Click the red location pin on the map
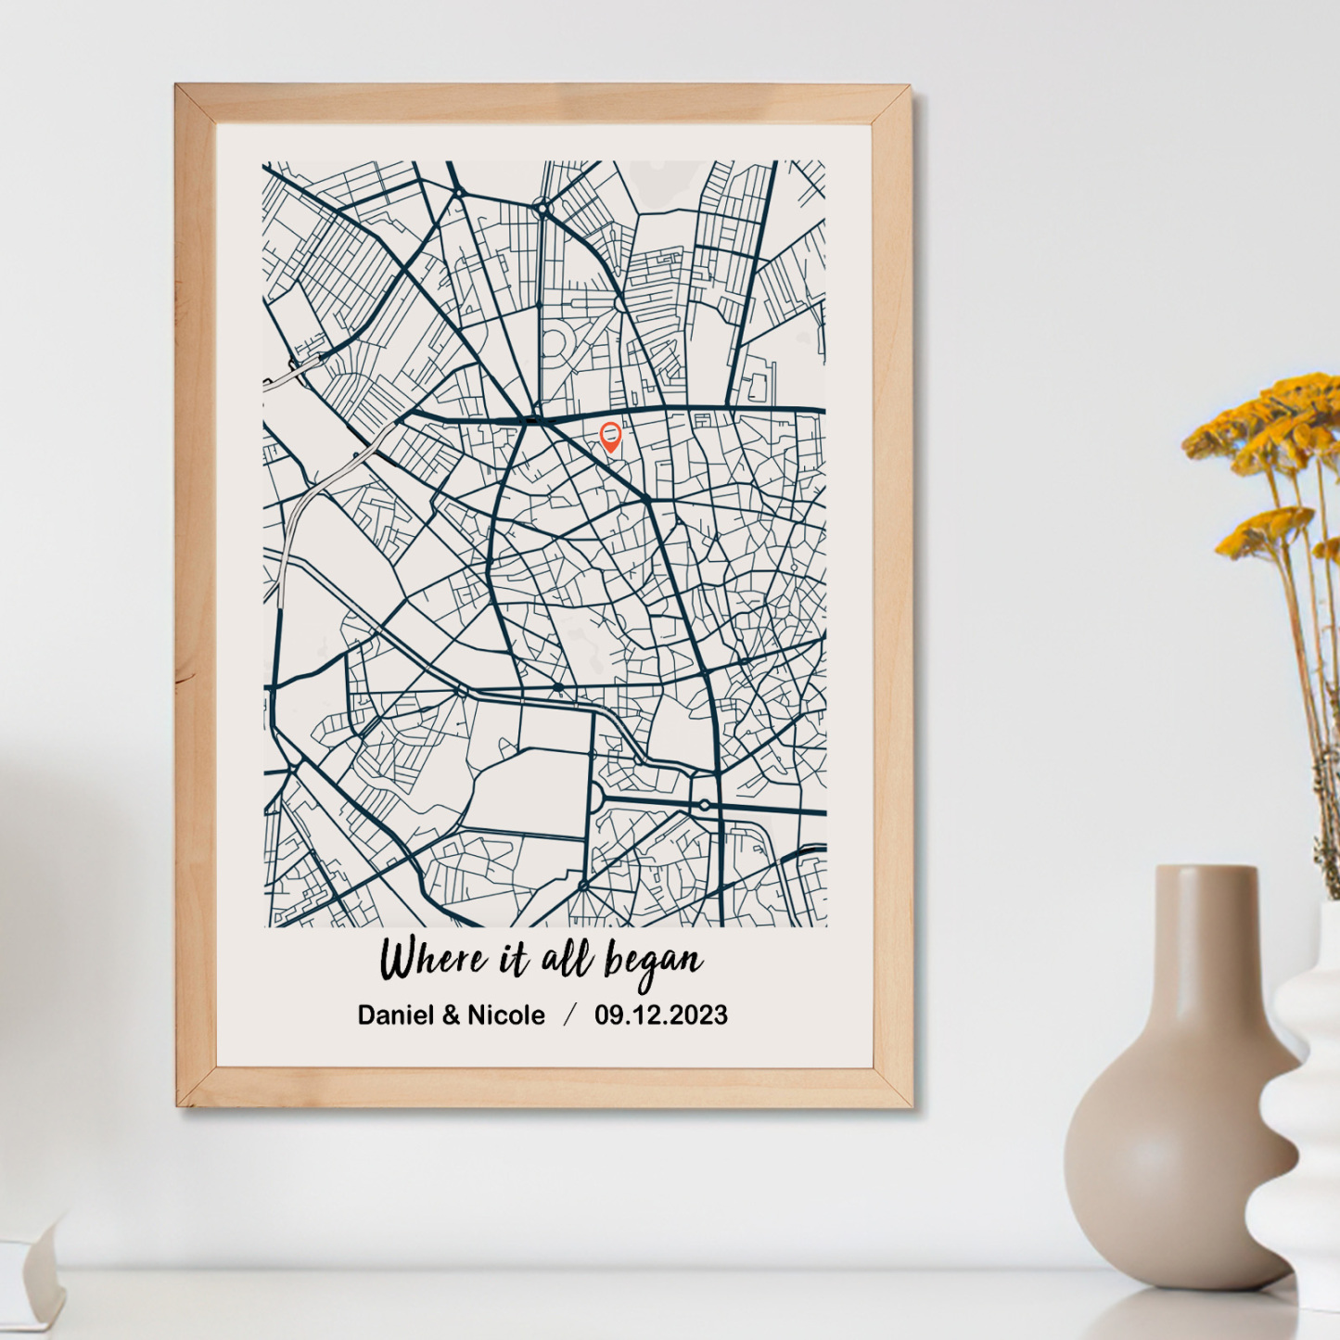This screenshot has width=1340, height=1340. [610, 435]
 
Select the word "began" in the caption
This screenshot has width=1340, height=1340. [654, 963]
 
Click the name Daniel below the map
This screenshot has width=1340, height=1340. [396, 1015]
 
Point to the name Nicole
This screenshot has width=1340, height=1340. [505, 1015]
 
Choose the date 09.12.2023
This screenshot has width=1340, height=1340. [661, 1015]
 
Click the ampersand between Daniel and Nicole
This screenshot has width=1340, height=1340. [451, 1015]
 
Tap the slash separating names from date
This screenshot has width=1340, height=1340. [569, 1015]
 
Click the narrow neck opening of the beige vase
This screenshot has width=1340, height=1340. [1206, 872]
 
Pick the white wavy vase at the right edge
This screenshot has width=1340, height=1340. [1308, 1113]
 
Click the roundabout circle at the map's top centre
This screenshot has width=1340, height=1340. [542, 209]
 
